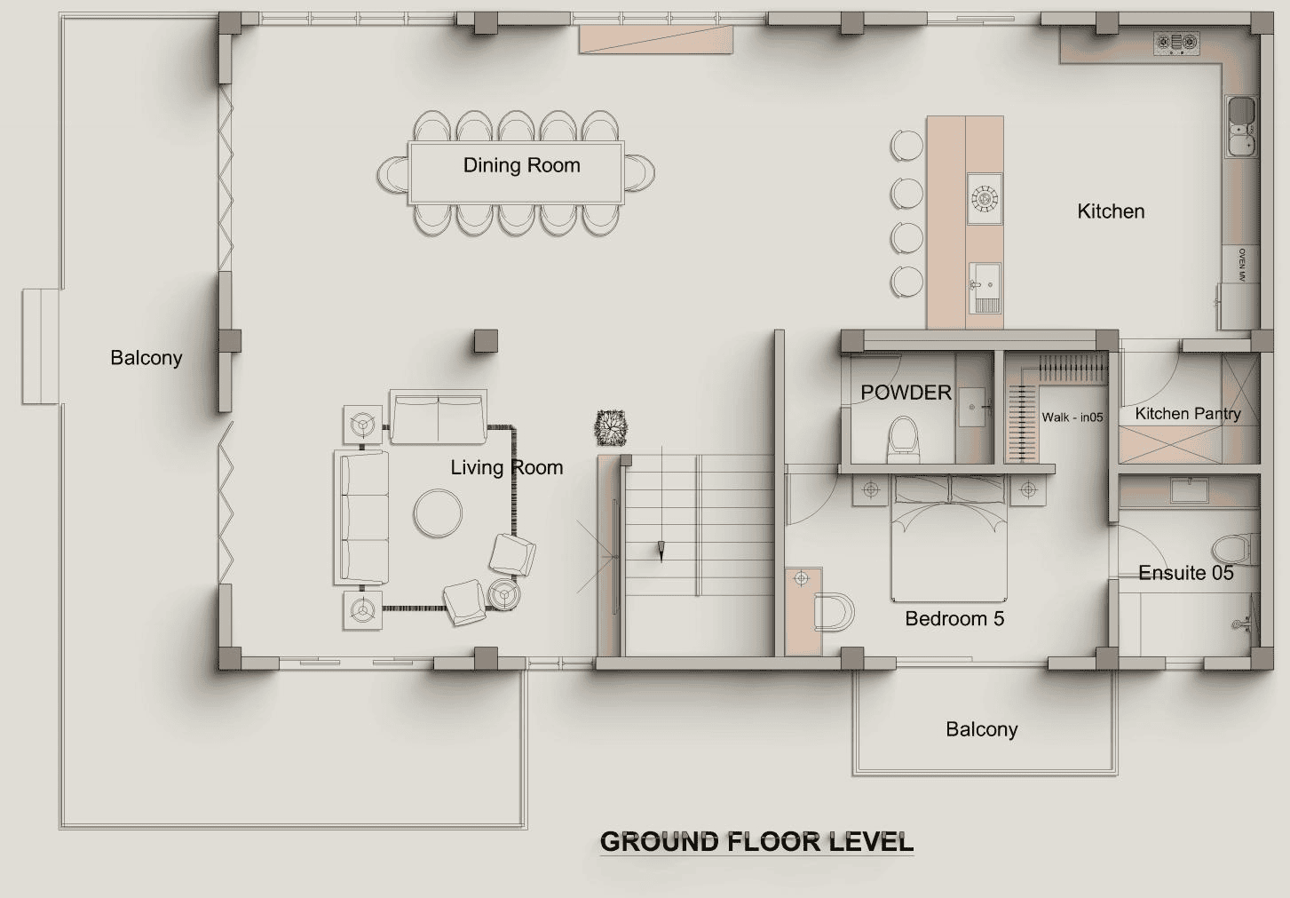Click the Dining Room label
coord(522,166)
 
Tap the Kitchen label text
coord(1111,211)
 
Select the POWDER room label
coord(906,393)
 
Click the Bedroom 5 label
coord(954,618)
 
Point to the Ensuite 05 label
coord(1186,573)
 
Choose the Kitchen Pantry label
coord(1188,414)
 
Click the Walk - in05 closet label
coord(1072,417)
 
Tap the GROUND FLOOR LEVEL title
coord(756,842)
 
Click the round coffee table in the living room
coord(438,513)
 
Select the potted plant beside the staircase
coord(611,427)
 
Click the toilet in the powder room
coord(903,440)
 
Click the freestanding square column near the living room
coord(486,341)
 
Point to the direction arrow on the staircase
coord(661,552)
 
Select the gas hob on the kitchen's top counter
coord(1176,44)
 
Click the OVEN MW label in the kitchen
coord(1241,265)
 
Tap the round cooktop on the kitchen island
coord(985,199)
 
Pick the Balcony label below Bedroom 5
coord(981,729)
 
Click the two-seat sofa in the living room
coord(439,417)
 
